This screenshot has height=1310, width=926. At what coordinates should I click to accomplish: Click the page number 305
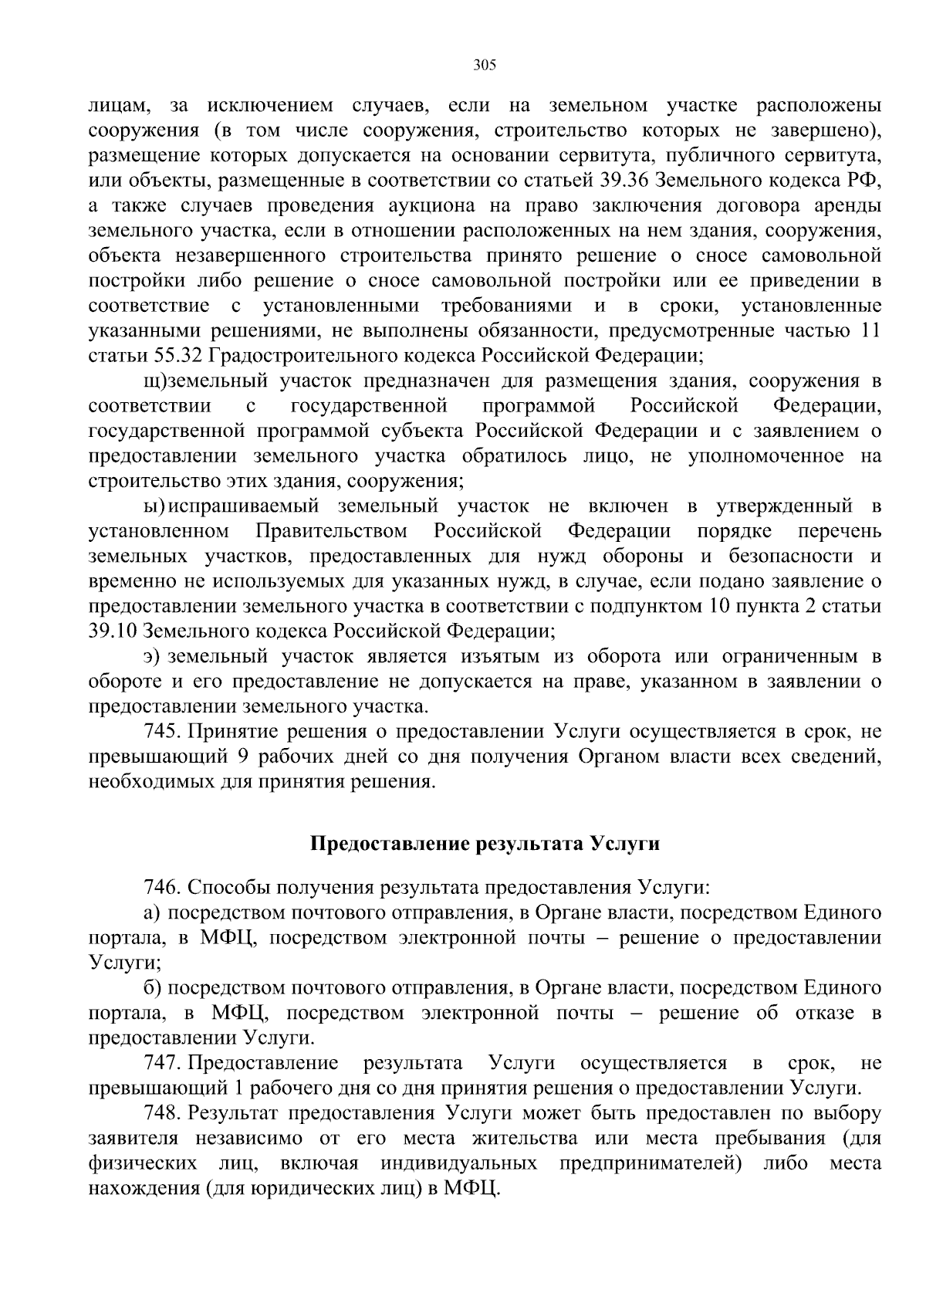click(x=484, y=65)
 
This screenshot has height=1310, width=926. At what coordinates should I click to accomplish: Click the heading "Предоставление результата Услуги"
click(x=485, y=843)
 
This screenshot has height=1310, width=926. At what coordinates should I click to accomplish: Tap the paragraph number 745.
click(x=163, y=731)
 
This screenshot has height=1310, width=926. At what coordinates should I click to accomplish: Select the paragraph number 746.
click(x=163, y=887)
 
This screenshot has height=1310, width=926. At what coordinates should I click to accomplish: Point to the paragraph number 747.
click(x=163, y=1063)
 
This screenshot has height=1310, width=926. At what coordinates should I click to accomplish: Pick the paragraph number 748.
click(x=163, y=1113)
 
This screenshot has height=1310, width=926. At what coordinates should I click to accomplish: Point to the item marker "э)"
click(x=152, y=656)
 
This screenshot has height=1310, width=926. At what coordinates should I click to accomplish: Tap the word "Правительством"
click(x=332, y=531)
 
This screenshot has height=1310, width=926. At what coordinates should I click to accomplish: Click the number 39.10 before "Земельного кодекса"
click(x=113, y=631)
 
